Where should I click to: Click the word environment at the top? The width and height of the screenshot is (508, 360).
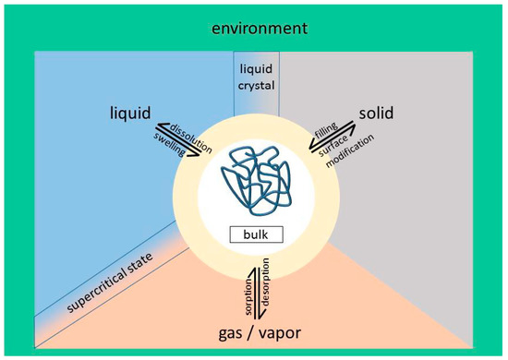click(x=255, y=29)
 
